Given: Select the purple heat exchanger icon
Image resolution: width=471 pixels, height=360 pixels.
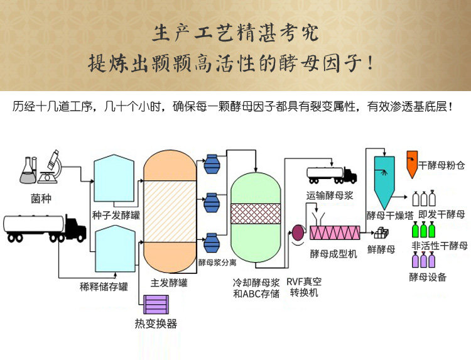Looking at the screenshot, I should [x=155, y=304].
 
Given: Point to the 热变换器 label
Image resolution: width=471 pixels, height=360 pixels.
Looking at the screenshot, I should [x=156, y=324].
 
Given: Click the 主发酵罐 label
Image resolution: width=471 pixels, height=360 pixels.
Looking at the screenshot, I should [x=166, y=283].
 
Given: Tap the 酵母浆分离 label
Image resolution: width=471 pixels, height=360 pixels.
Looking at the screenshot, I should [x=217, y=263].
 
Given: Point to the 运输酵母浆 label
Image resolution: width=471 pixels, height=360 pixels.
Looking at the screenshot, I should [x=330, y=195].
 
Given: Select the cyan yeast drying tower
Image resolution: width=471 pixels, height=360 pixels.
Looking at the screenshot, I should [x=383, y=178].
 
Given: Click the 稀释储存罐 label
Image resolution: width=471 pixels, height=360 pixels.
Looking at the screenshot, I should [x=104, y=287].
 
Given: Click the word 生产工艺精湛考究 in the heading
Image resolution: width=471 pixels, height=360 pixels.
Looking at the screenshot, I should [x=235, y=30].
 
